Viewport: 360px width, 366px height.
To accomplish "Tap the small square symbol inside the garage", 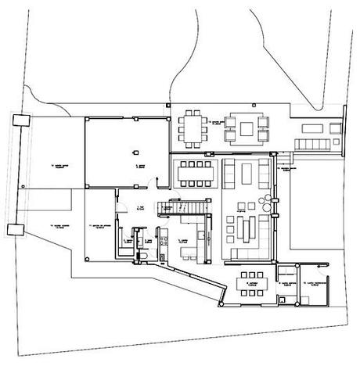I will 135,152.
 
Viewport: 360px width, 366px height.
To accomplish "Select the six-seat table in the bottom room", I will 250,279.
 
